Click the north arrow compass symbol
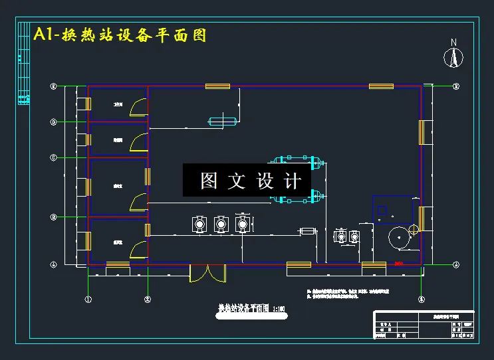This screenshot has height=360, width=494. coord(453,56)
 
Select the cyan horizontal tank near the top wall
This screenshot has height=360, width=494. coord(223,121)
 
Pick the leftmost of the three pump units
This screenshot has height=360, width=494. coord(198,225)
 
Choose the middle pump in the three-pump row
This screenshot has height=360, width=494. coord(221,225)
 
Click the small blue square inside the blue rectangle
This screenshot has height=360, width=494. coord(382,211)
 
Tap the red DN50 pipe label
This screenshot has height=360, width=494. coord(399,264)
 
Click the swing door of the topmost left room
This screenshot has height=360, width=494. coord(138,106)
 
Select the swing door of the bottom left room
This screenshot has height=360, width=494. coord(138,250)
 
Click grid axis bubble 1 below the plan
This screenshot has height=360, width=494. coord(88,300)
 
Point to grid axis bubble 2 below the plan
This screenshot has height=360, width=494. coord(148,300)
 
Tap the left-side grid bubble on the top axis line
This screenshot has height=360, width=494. coord(54,86)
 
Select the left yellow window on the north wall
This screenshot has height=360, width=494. coord(217,86)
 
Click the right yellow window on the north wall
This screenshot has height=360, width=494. coord(381,86)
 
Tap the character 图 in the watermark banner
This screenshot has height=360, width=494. coord(209,181)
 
